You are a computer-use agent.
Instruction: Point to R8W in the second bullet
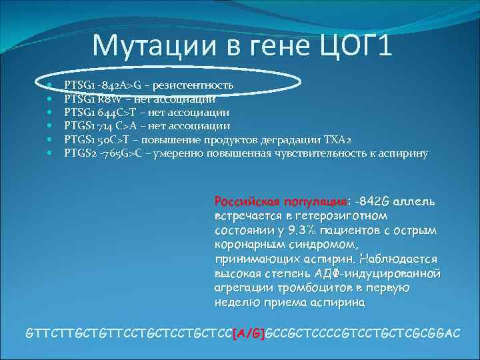tap(105, 99)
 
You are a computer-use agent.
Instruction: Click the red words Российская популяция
tap(281, 201)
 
